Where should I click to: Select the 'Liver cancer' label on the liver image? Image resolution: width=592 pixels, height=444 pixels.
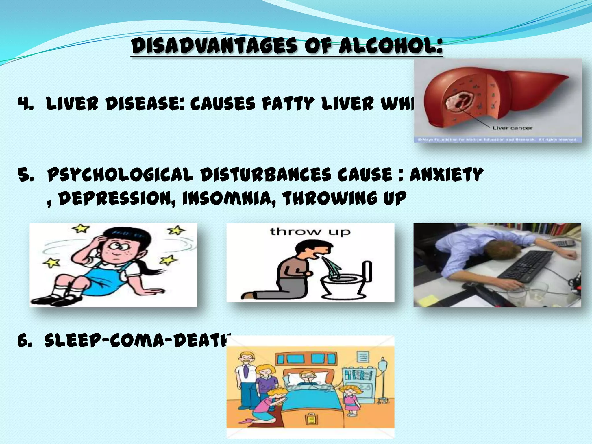point(512,128)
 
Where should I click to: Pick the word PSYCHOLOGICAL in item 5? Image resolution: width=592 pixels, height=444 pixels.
point(120,175)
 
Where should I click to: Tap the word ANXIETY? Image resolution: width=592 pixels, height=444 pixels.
point(446,175)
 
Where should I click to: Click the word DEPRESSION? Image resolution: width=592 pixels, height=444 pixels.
point(117,198)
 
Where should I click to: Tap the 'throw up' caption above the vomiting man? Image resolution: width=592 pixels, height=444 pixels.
point(310,232)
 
